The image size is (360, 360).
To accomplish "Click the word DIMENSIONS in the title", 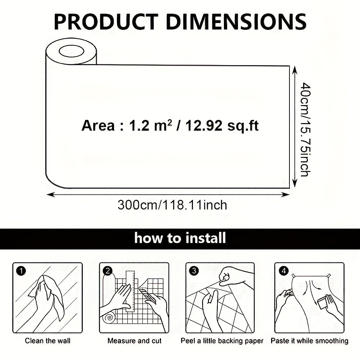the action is pos(236,22).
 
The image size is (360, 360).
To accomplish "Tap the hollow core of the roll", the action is pos(71,51).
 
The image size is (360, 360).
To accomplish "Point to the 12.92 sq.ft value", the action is pos(222,126).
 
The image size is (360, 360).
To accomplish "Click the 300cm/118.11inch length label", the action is pos(172,205).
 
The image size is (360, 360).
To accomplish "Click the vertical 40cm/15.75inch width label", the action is pos(306,130).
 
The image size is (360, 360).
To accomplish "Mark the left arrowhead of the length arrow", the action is pos(50,195).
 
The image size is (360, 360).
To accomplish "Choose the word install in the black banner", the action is pos(206,238).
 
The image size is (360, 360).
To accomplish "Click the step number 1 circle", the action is pos(21,271).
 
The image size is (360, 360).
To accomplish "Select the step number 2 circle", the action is pos(108,271).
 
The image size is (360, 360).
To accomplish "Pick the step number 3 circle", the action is pos(194,271).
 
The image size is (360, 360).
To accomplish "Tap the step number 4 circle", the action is pos(284,271).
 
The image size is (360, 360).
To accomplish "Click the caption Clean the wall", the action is pos(48,341).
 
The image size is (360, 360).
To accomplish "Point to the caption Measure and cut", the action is pos(135,341).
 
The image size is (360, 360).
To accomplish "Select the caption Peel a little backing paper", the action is pos(222,341).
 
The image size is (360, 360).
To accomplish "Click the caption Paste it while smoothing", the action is pos(310,341).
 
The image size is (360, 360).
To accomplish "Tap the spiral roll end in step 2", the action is pos(109,318).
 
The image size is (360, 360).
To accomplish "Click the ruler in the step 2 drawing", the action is pos(130,291).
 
